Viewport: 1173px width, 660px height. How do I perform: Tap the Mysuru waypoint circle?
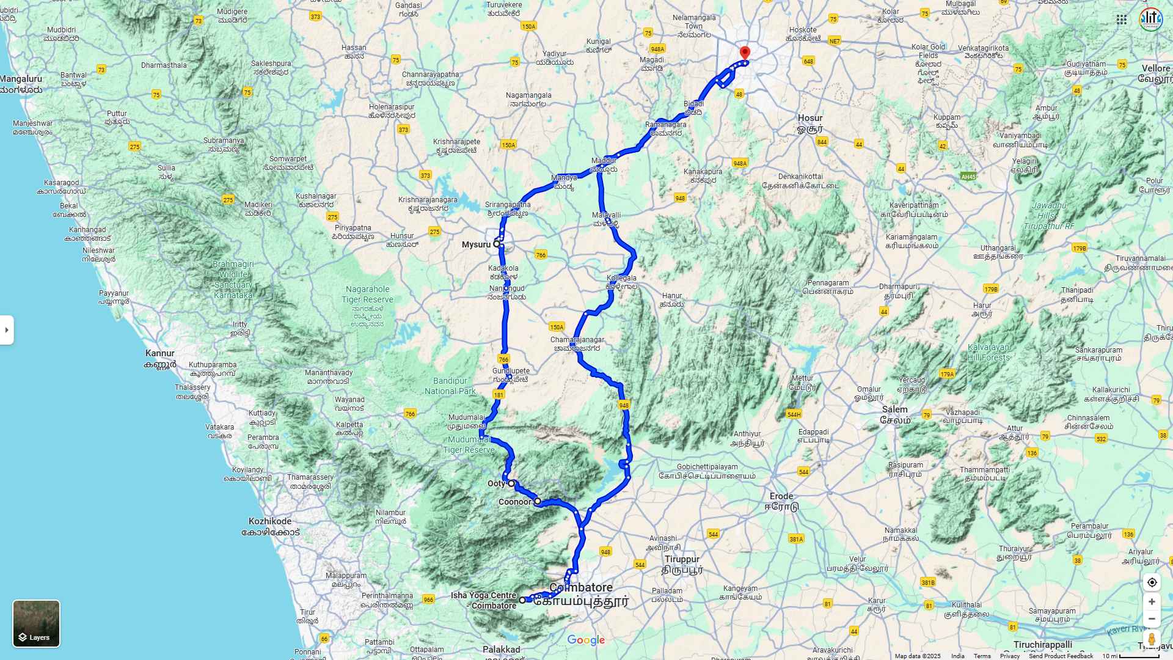[497, 244]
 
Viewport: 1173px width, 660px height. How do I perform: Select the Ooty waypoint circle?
[511, 483]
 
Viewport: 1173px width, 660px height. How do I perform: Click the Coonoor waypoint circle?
[538, 501]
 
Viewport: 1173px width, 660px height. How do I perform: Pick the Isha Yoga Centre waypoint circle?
[522, 600]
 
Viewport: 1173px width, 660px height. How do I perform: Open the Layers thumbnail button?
[37, 623]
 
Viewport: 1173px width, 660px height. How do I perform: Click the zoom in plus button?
[1152, 602]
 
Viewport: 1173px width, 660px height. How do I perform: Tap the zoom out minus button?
[1152, 619]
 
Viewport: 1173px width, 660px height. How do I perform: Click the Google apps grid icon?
[1122, 20]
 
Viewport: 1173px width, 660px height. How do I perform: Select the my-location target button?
[1152, 582]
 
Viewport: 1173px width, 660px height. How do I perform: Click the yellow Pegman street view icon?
[1152, 639]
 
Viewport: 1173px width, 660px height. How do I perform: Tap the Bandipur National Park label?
[450, 386]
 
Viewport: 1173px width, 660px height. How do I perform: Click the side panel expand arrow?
[7, 330]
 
